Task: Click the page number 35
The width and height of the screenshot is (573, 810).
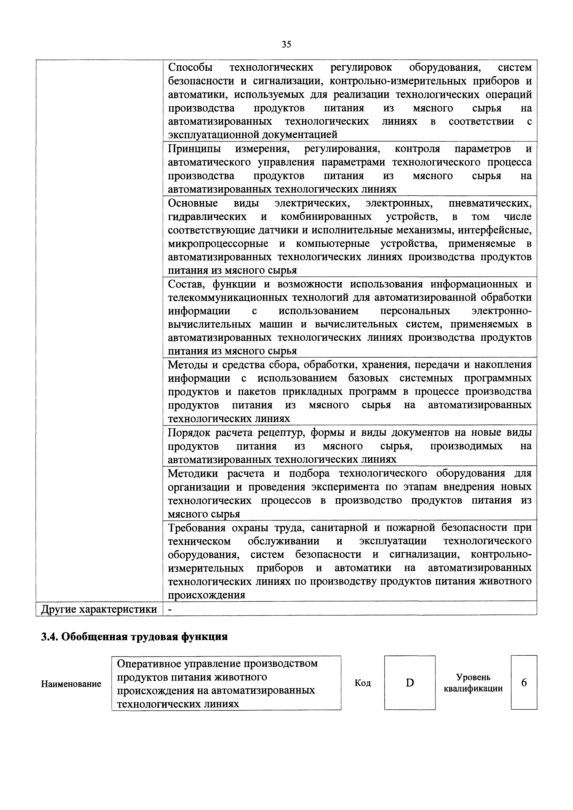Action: (x=286, y=45)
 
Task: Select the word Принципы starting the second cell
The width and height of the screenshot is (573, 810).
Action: (x=194, y=149)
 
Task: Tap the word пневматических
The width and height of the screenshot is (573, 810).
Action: (x=490, y=203)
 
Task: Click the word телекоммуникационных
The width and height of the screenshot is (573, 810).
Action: (x=229, y=297)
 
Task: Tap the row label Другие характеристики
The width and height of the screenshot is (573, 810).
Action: (x=99, y=609)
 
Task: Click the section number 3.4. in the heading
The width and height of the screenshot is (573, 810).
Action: (x=50, y=637)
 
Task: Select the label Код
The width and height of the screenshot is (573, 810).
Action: (x=363, y=683)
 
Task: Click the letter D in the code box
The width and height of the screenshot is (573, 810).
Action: (x=410, y=683)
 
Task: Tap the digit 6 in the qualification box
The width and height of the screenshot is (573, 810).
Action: (x=524, y=683)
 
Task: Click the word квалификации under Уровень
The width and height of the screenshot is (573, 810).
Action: (x=473, y=689)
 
